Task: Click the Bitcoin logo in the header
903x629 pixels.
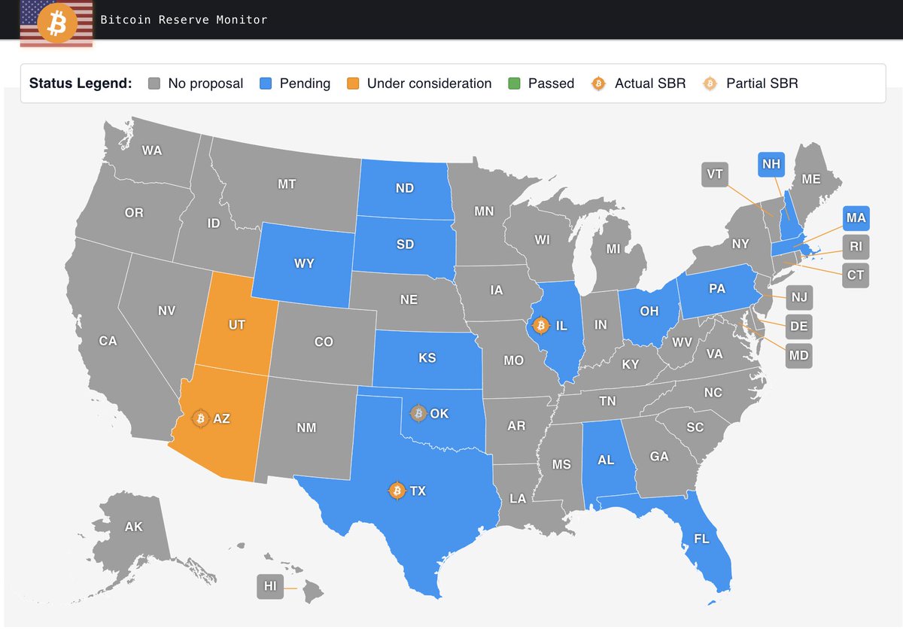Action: click(x=56, y=24)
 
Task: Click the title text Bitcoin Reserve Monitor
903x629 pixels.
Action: click(x=184, y=20)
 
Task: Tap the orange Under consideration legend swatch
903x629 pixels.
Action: click(x=353, y=84)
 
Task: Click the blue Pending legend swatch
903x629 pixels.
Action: click(x=266, y=84)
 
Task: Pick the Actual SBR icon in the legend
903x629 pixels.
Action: click(x=599, y=84)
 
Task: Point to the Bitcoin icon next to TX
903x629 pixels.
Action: click(x=397, y=491)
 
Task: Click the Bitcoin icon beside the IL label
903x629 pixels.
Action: click(x=540, y=326)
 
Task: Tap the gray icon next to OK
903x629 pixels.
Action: click(x=418, y=413)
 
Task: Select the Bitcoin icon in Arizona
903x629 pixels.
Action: click(x=200, y=418)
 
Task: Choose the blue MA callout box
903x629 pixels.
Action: click(x=856, y=218)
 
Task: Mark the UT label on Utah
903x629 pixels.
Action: click(x=237, y=326)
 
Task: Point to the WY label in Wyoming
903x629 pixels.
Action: click(x=304, y=264)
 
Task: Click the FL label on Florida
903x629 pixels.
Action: click(x=701, y=539)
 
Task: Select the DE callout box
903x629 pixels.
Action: click(x=798, y=327)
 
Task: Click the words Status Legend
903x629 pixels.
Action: click(x=81, y=84)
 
